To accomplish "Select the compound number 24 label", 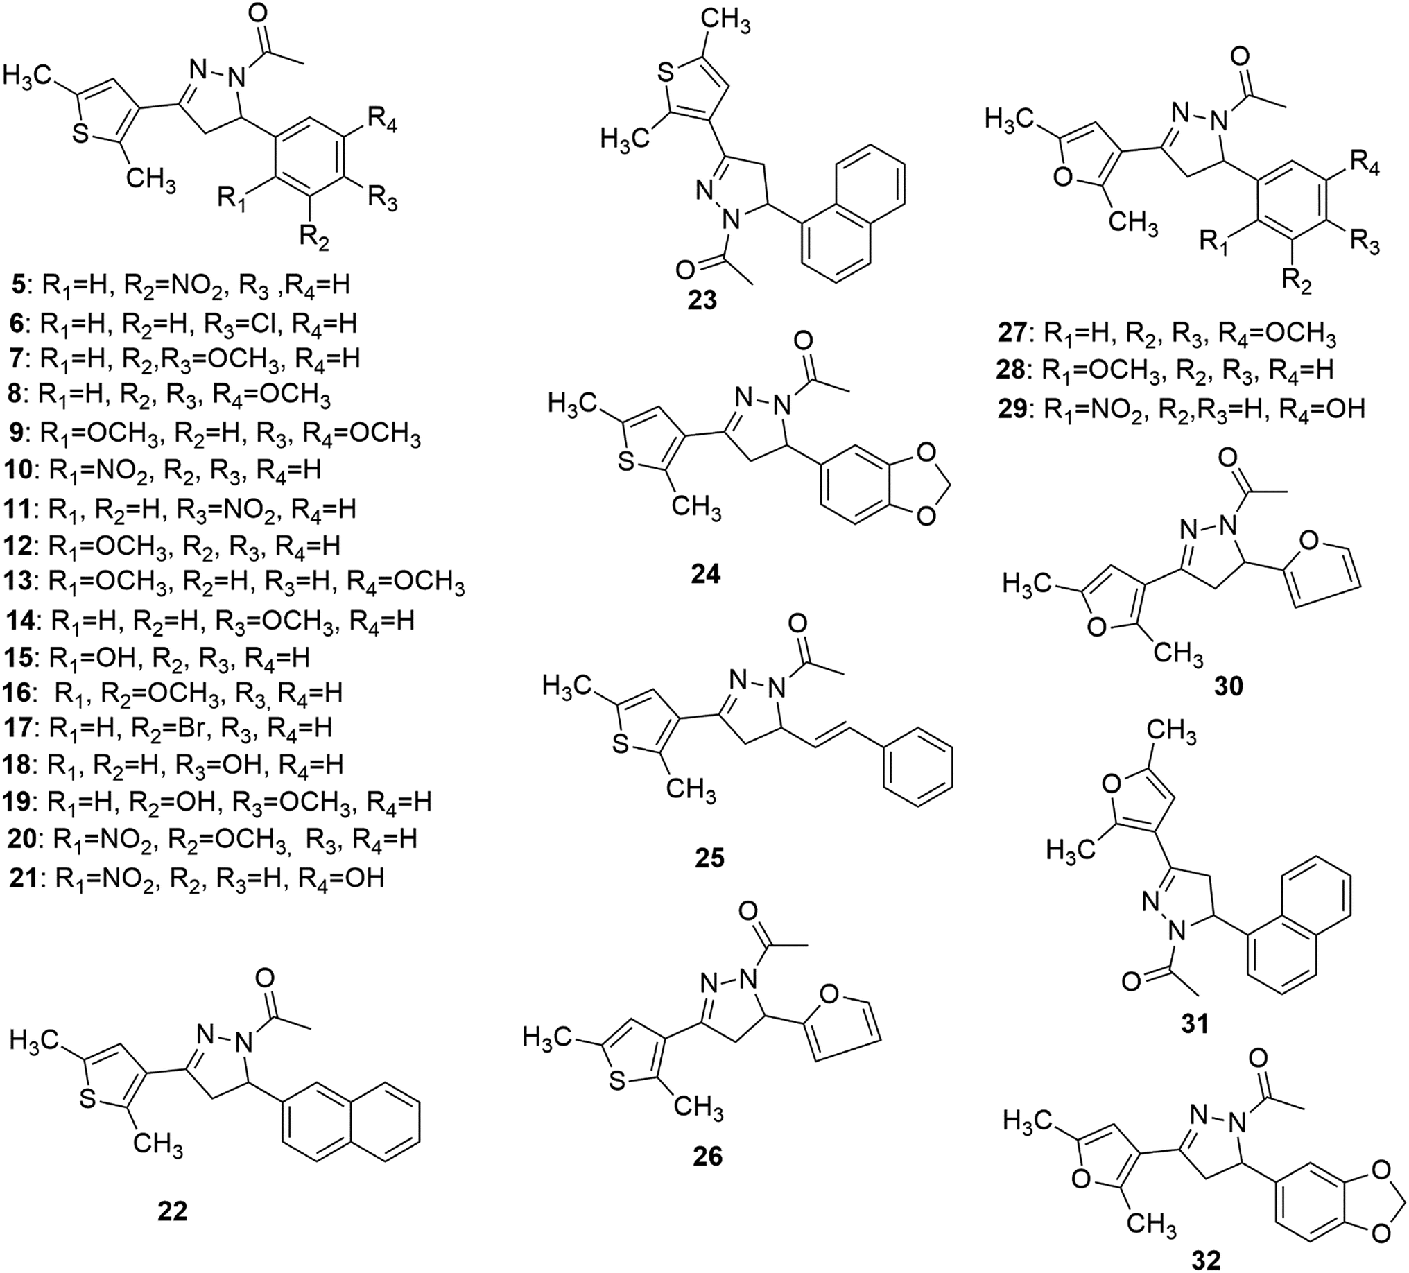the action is [704, 575].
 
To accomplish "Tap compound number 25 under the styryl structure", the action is [709, 857].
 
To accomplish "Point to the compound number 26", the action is [707, 1157].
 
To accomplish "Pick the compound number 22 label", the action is [172, 1211].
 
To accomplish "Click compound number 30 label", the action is [1229, 686].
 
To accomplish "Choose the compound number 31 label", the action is [1195, 1023].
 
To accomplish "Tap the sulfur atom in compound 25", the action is [619, 747].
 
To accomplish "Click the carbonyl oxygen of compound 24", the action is [804, 342].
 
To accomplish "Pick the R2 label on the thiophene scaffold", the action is [315, 238].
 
